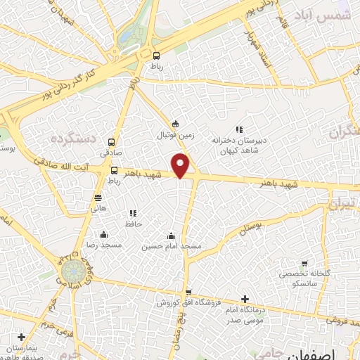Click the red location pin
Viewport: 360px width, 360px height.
point(181,164)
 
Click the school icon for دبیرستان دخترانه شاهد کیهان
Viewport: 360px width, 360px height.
point(239,129)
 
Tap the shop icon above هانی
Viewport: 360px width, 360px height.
point(98,198)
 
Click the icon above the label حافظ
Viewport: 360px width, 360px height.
point(132,213)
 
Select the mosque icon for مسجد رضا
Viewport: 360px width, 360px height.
point(104,234)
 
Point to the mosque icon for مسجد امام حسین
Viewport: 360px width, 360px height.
point(172,236)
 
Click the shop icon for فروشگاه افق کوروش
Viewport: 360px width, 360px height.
point(188,292)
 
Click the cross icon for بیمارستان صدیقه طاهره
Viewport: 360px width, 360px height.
point(22,337)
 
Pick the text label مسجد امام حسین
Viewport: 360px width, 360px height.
point(172,247)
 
